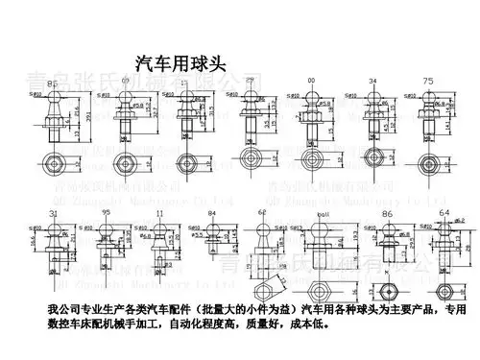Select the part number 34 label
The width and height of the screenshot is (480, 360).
(x=371, y=83)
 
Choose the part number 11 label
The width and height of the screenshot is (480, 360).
(x=160, y=212)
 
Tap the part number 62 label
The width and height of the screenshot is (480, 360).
(x=261, y=212)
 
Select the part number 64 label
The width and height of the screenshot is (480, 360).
(x=444, y=212)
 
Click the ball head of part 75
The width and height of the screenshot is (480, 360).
(x=429, y=98)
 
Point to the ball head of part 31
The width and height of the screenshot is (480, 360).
(x=54, y=230)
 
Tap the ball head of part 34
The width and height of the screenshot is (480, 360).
(x=371, y=99)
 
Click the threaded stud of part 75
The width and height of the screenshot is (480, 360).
(x=429, y=130)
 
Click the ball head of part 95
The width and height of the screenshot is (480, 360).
(x=108, y=229)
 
